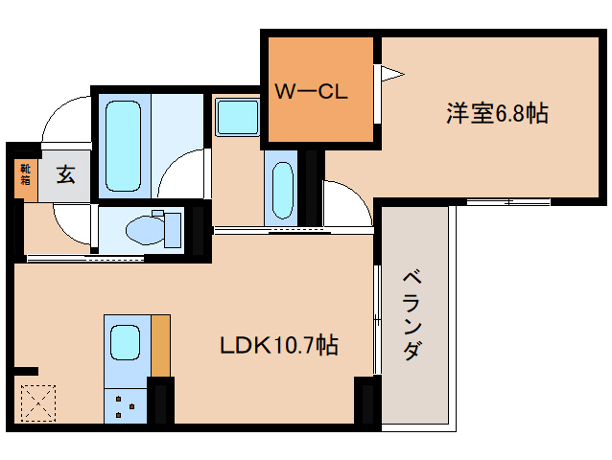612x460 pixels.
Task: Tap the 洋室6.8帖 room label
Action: coord(496,113)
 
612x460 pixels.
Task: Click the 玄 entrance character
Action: coord(65,175)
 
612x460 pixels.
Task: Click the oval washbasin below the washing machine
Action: coord(282,189)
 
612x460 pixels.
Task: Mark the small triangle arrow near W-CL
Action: coord(392,73)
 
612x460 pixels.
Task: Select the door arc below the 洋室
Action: coord(346,202)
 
